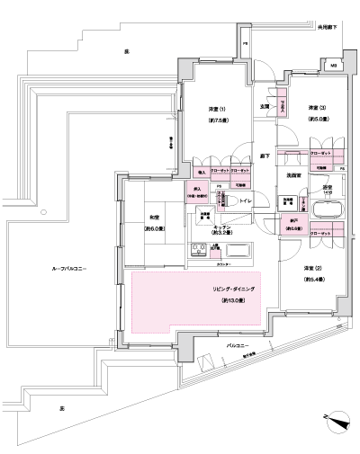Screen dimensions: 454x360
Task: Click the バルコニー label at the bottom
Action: pyautogui.click(x=236, y=343)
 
